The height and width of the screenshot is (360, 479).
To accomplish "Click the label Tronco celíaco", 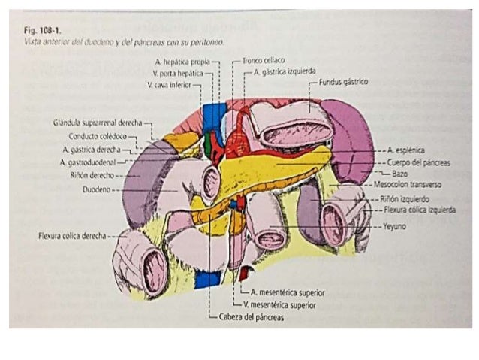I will pyautogui.click(x=263, y=60).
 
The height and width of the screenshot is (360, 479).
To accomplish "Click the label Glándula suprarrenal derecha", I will pyautogui.click(x=98, y=123).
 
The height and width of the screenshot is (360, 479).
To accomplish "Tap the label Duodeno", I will pyautogui.click(x=97, y=189).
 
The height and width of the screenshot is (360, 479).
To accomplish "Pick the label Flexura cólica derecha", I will pyautogui.click(x=72, y=235).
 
